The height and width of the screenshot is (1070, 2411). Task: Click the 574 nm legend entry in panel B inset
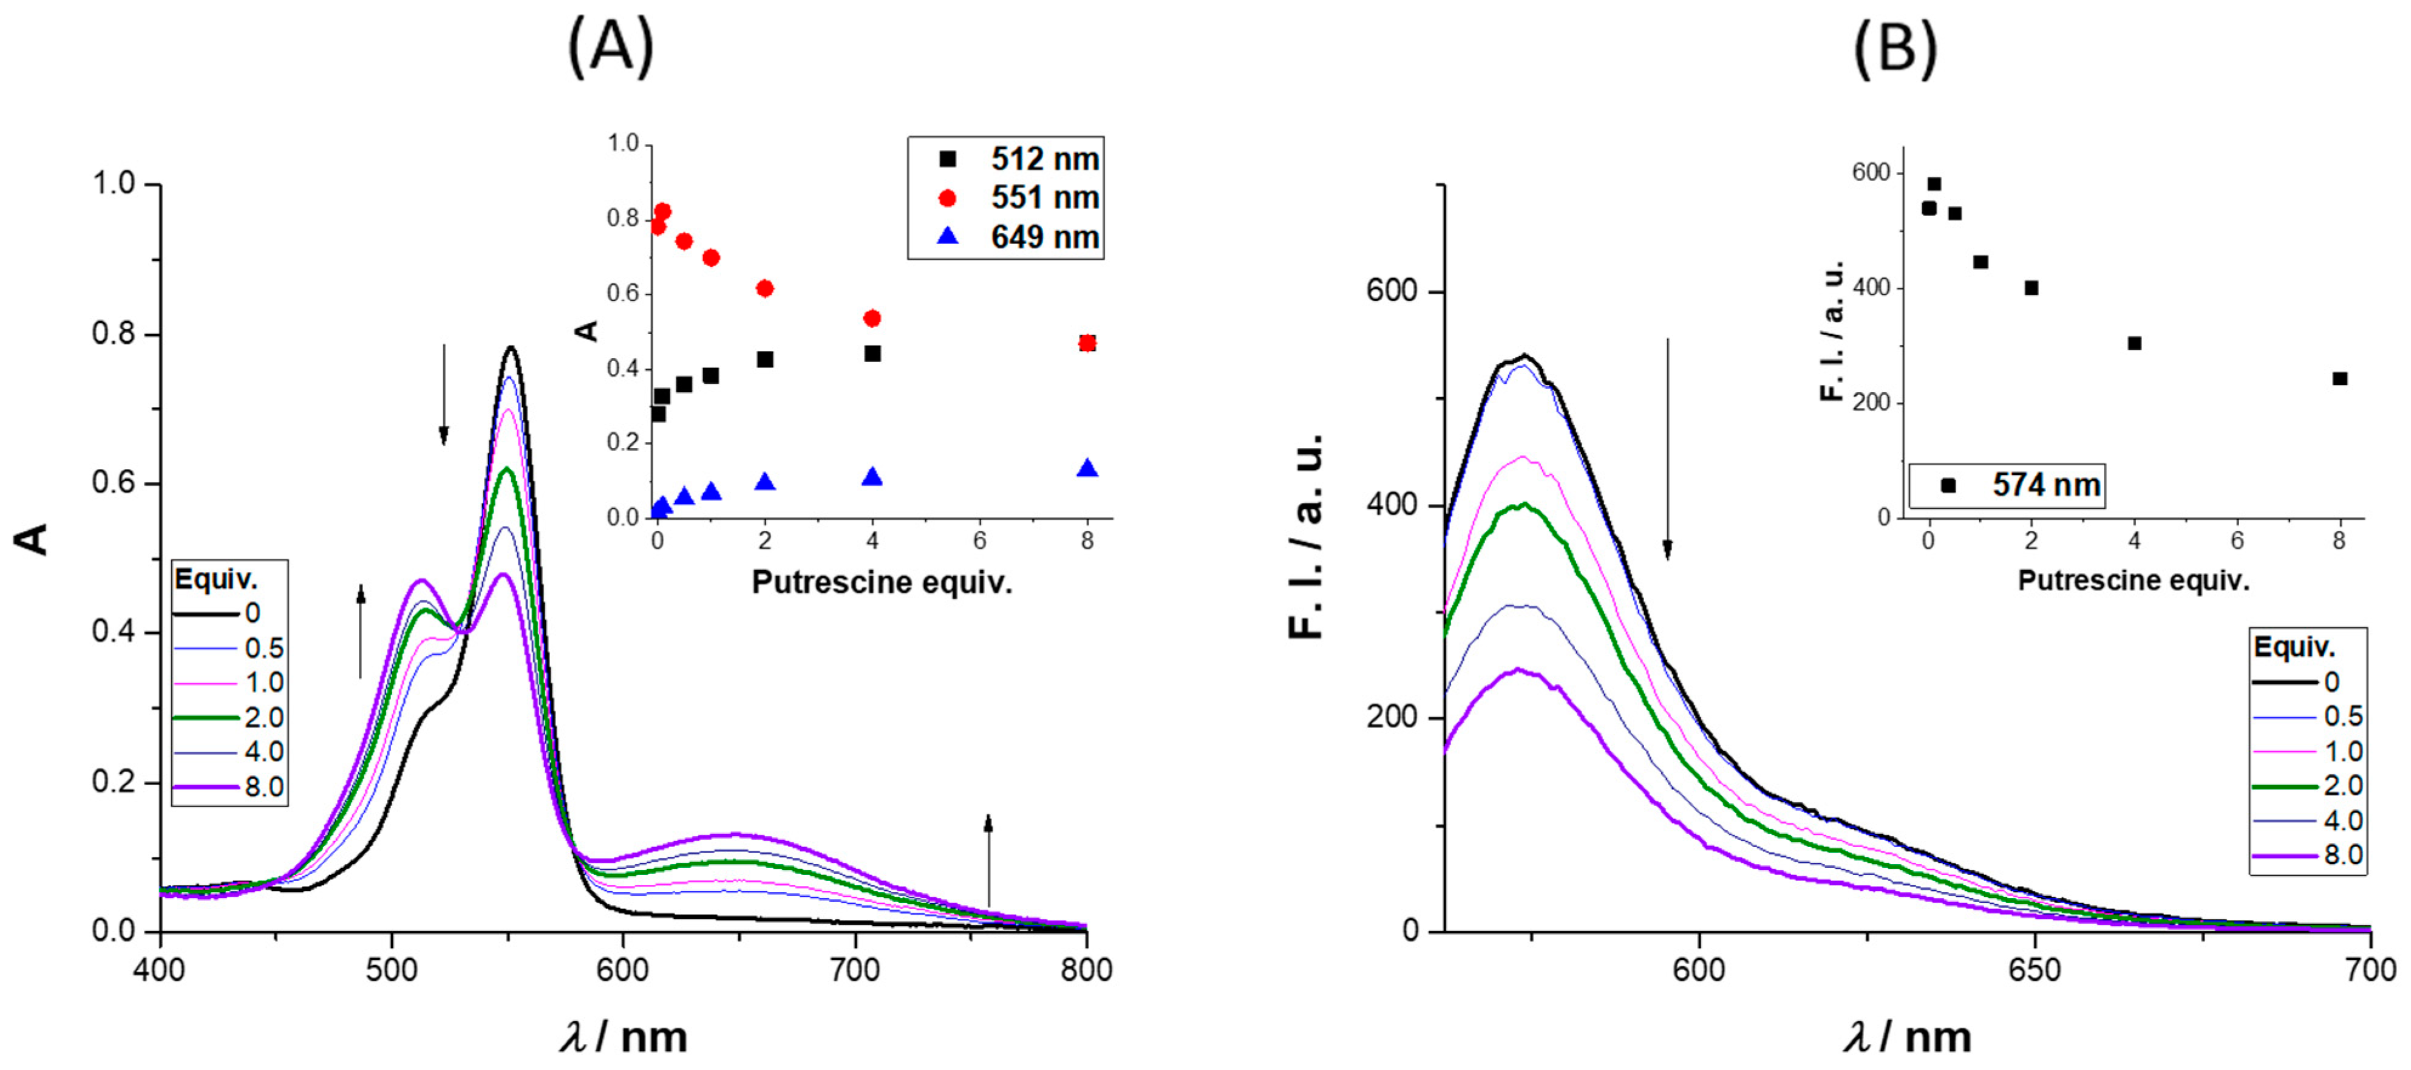pos(2022,485)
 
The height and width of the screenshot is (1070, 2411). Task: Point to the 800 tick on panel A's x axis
pos(1086,970)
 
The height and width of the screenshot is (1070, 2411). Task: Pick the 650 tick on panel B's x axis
pos(2035,970)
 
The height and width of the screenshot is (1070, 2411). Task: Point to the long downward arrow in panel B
pos(1667,449)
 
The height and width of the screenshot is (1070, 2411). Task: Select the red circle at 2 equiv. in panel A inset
pos(764,288)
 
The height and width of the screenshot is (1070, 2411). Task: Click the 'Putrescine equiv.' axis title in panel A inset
pos(882,582)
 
